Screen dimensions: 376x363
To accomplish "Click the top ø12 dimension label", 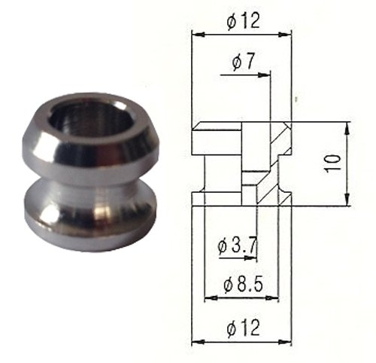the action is click(x=243, y=21).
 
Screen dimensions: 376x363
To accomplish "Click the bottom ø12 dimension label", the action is click(x=243, y=328).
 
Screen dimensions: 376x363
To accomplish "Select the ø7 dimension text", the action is click(x=243, y=62).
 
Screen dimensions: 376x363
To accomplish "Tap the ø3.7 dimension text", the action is click(x=237, y=246).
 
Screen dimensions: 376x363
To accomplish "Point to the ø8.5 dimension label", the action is click(x=243, y=285).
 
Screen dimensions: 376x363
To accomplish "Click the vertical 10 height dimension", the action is click(x=332, y=163).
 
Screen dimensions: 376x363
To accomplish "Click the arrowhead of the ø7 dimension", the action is click(x=264, y=75).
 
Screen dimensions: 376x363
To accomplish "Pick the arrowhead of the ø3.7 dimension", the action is click(x=251, y=258).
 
